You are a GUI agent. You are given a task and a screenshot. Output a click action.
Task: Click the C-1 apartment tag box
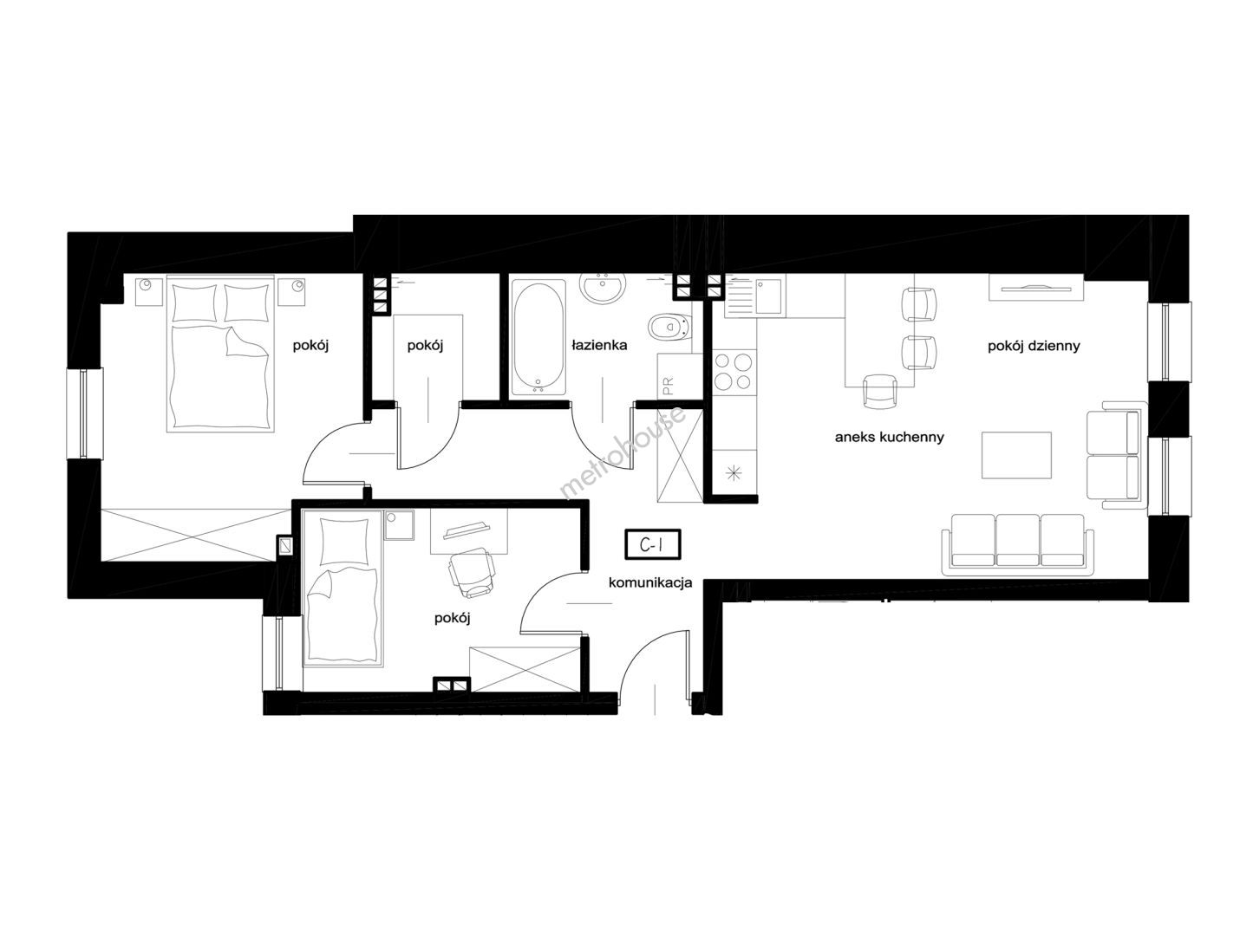click(x=652, y=544)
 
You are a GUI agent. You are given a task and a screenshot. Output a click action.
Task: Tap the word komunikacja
click(x=650, y=582)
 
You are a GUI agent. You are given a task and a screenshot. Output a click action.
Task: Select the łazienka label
click(x=599, y=345)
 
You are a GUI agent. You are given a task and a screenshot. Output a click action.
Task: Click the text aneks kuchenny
click(x=890, y=438)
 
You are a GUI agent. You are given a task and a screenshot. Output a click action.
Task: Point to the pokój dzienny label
click(x=1034, y=346)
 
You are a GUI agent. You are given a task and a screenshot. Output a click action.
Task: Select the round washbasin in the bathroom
click(x=603, y=287)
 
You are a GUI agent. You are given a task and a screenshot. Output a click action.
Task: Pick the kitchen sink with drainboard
click(x=754, y=296)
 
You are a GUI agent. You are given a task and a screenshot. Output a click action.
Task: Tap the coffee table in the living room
click(x=1016, y=455)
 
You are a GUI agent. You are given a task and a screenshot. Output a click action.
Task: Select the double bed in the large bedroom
click(x=220, y=354)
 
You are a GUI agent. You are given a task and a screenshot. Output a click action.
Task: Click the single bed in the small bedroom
click(x=342, y=588)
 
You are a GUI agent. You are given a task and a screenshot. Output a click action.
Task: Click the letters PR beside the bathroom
click(x=669, y=386)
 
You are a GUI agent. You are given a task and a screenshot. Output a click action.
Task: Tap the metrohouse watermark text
click(x=623, y=451)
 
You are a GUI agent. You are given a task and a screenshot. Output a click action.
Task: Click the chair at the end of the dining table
click(x=880, y=391)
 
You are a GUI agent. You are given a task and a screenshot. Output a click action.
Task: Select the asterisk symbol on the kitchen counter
click(x=734, y=472)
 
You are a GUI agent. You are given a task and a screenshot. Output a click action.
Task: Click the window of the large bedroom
click(x=84, y=413)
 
